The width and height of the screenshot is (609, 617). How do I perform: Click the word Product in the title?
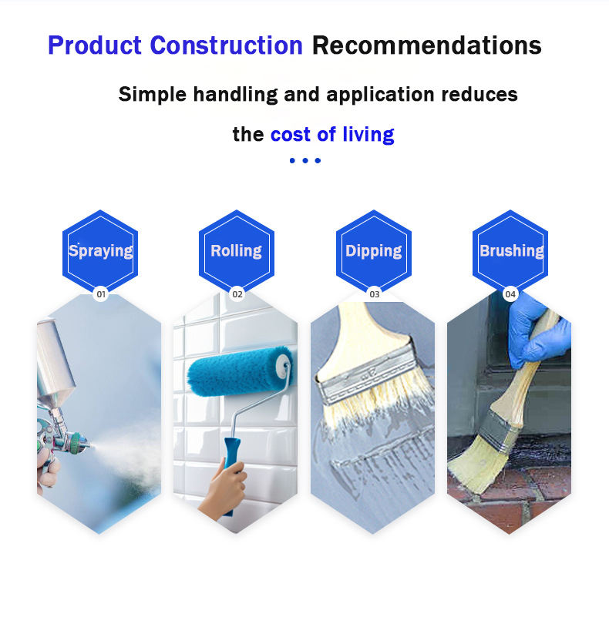tap(95, 45)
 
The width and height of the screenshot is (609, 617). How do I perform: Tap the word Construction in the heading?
tap(226, 45)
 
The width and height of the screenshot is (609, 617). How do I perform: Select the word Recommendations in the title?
tap(426, 45)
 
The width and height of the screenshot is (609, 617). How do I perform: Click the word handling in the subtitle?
tap(235, 95)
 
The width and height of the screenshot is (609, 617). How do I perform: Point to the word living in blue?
tap(368, 135)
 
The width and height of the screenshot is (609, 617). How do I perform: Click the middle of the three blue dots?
tap(305, 160)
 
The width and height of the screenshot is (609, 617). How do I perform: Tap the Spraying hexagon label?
tap(100, 250)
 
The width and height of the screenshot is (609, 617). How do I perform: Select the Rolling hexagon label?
tap(237, 250)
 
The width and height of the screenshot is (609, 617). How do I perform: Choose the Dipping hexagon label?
tap(373, 250)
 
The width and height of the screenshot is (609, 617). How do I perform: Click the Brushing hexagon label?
tap(510, 250)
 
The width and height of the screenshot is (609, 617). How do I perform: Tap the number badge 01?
tap(101, 294)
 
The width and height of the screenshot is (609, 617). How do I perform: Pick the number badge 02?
tap(237, 294)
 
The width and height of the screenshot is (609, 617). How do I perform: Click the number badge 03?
tap(374, 294)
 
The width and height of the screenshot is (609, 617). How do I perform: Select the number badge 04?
tap(510, 294)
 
